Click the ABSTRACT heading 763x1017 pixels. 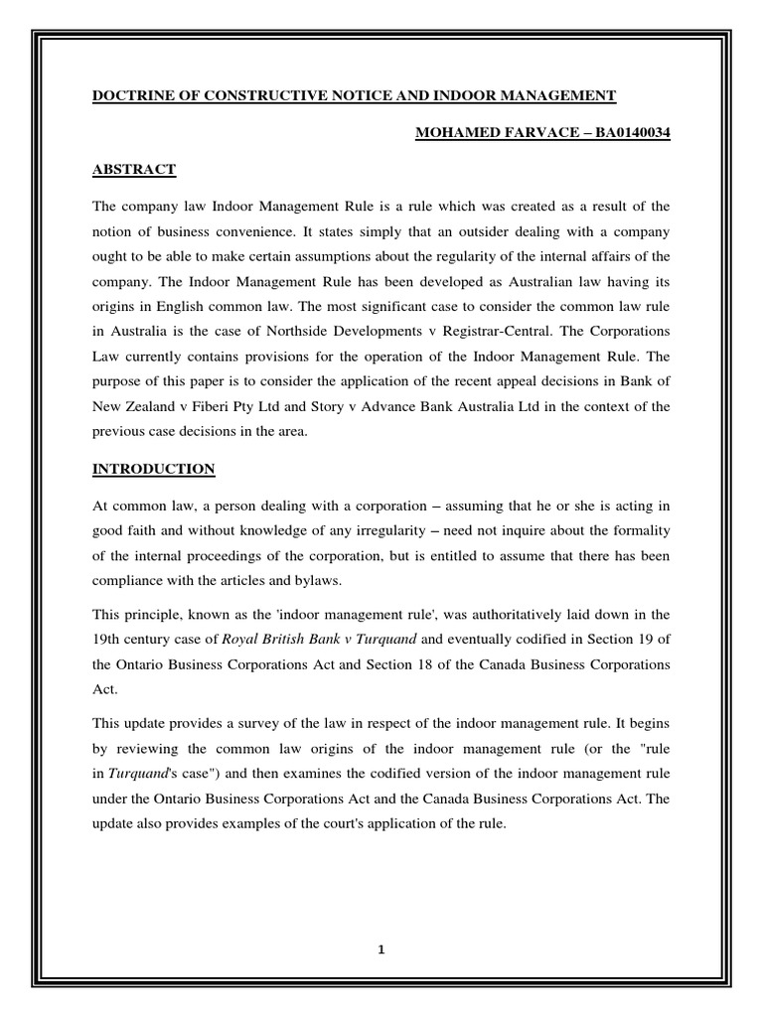coord(133,170)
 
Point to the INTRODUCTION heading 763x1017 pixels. coord(153,468)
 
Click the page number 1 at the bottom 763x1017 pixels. coord(381,948)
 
